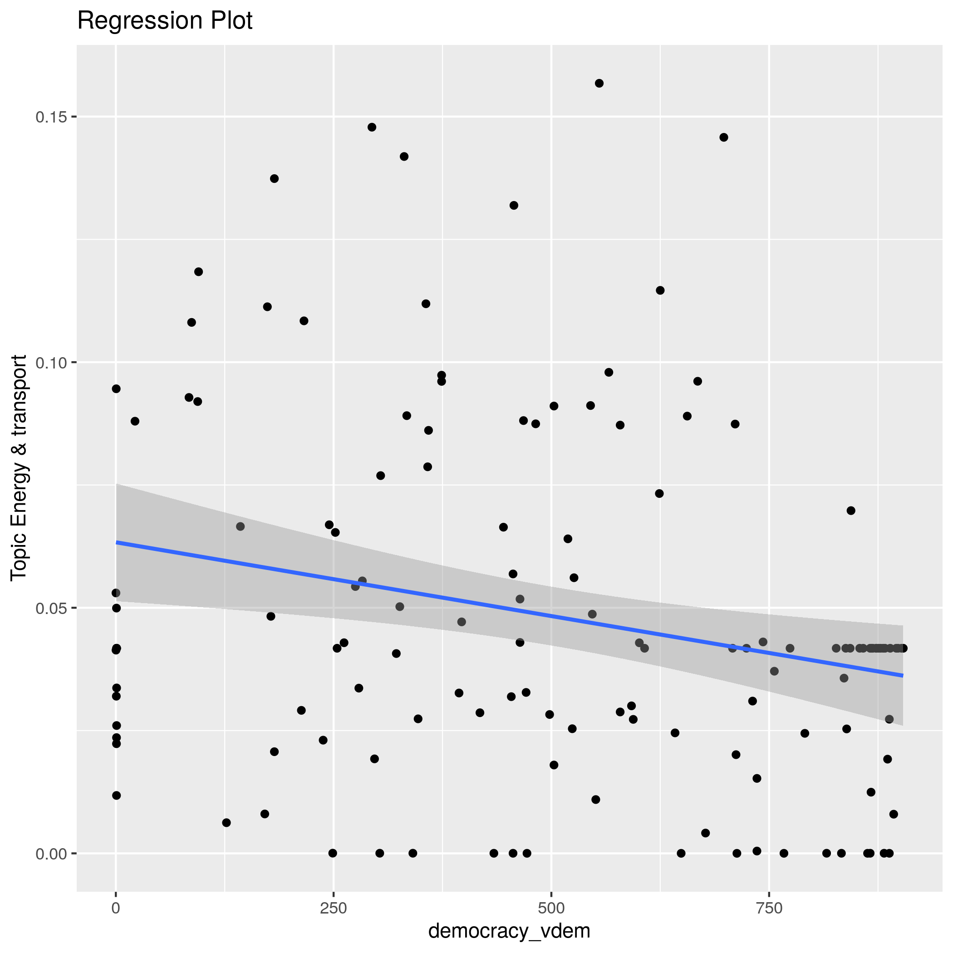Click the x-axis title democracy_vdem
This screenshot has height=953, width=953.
click(509, 931)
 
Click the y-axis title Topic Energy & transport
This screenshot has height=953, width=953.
click(20, 467)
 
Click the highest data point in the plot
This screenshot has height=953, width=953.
click(599, 84)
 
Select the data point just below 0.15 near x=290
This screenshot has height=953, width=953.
click(372, 127)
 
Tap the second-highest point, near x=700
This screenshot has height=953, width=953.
click(724, 137)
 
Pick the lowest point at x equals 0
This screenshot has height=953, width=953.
click(117, 795)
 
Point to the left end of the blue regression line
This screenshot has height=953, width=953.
click(117, 543)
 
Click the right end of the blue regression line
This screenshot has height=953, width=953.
click(903, 675)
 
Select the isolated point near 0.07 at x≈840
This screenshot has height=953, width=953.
click(851, 511)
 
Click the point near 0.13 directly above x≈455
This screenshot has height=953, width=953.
click(514, 205)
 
